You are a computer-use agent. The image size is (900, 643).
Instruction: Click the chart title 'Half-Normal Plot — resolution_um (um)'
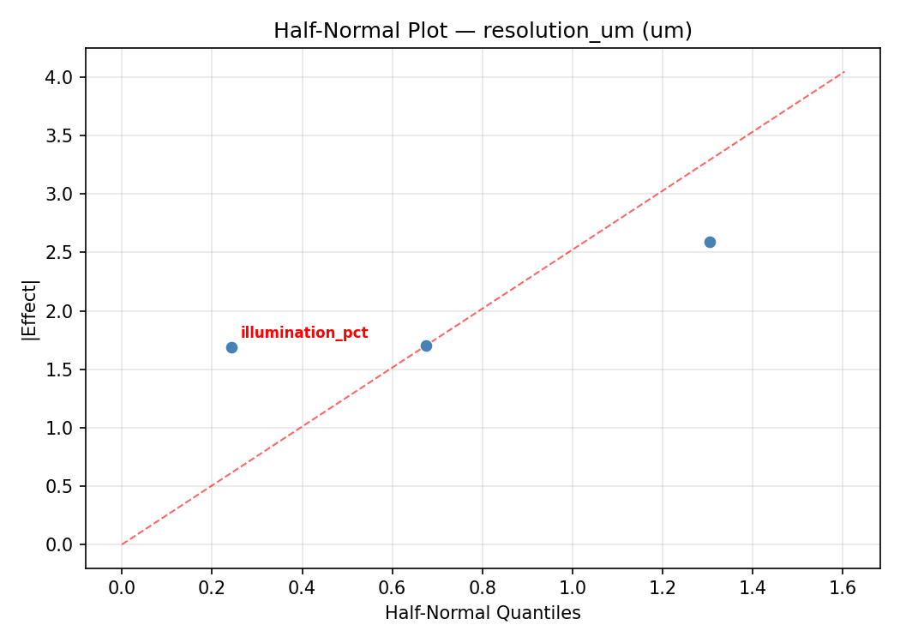[483, 31]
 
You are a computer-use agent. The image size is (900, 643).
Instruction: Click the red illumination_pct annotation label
[304, 333]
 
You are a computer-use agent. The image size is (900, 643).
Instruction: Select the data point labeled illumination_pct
[231, 347]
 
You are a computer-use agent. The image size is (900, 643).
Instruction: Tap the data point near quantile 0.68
[426, 346]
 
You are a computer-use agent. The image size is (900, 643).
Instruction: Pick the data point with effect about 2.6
[710, 242]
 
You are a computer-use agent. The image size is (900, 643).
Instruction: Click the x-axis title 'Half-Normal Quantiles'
[483, 613]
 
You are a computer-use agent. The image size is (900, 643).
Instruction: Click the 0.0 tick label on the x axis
[122, 587]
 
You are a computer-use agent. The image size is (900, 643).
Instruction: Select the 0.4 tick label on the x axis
[302, 587]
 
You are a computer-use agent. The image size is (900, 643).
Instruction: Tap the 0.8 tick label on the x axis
[482, 587]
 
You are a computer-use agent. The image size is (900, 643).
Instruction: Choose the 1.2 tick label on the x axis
[662, 587]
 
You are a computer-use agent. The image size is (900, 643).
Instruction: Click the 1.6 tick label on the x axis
[843, 587]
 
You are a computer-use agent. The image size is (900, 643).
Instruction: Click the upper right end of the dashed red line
[844, 71]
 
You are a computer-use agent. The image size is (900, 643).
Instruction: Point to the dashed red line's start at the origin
[122, 544]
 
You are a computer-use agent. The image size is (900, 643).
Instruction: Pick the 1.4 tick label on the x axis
[752, 587]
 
